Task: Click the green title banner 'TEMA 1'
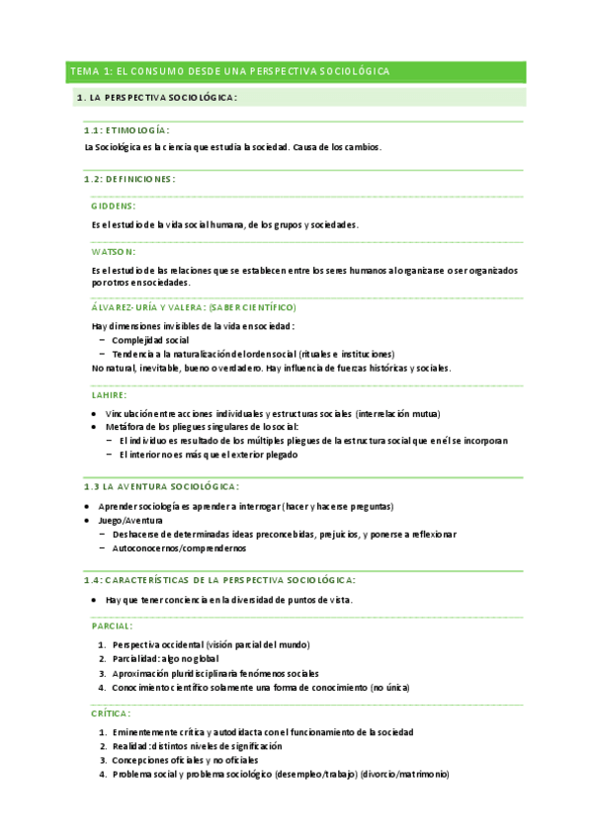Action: tap(228, 72)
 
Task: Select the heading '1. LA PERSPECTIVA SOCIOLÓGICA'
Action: tap(157, 98)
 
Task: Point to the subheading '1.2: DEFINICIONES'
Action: tap(129, 179)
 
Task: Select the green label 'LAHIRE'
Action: tap(109, 394)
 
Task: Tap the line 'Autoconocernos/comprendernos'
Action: tap(179, 548)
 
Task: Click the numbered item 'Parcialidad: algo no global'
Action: tap(165, 658)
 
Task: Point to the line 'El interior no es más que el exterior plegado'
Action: tap(208, 455)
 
